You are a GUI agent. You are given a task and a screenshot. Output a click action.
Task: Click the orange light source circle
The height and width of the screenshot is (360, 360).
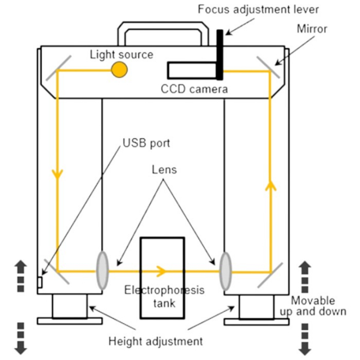click(x=119, y=69)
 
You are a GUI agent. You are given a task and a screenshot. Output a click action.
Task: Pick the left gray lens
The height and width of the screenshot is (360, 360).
click(x=103, y=270)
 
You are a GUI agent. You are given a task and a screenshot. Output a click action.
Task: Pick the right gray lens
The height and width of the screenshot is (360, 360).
click(x=225, y=271)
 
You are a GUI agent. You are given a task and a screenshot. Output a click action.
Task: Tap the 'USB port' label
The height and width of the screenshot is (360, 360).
click(x=146, y=143)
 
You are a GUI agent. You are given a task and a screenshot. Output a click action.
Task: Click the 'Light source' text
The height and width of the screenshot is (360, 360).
click(x=121, y=54)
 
